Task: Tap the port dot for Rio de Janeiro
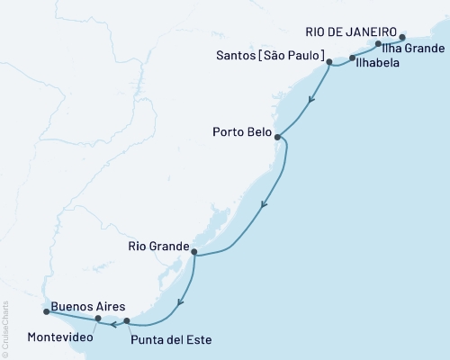pos(402,38)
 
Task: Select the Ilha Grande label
pos(413,48)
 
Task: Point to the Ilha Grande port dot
pos(379,43)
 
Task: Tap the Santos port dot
pos(329,62)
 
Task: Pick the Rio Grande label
pos(157,246)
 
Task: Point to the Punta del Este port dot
pos(127,320)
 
